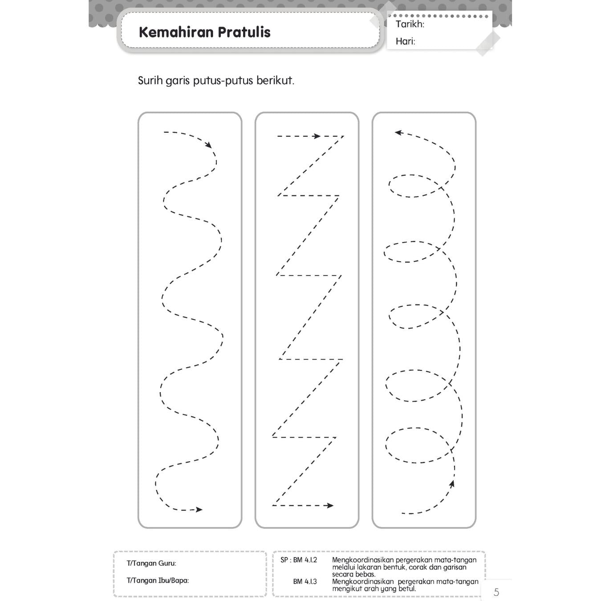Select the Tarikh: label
coord(410,24)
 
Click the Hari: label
coord(405,41)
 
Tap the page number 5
coord(496,592)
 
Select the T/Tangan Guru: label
coord(151,563)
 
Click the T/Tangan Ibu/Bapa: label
coord(158,580)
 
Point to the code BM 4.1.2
coord(305,560)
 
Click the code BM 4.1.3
coord(305,581)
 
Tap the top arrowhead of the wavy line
coord(208,145)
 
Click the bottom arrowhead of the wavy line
coord(199,510)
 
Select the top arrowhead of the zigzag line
coord(317,136)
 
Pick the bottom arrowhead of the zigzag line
coord(330,505)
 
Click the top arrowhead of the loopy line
coord(398,133)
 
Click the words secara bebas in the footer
coord(353,574)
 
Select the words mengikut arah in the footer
coord(355,589)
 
